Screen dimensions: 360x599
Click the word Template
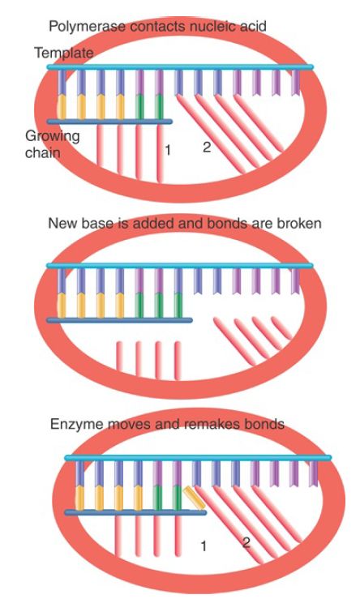pos(64,53)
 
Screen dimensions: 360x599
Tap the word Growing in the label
pos(53,136)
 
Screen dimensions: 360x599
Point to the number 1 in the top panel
pos(167,150)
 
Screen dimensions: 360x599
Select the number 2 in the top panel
pos(207,147)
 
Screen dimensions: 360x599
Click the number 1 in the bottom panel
pos(204,546)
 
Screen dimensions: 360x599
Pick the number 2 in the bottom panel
pos(246,542)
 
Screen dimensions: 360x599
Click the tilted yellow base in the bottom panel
pos(194,498)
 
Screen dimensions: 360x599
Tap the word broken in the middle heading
pos(299,223)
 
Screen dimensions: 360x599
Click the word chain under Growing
pos(43,152)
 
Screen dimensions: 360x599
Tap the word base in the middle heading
pos(92,223)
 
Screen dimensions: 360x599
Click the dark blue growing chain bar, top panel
pos(109,122)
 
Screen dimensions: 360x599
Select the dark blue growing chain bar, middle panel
pos(119,320)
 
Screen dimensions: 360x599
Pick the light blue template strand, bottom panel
pos(198,458)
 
